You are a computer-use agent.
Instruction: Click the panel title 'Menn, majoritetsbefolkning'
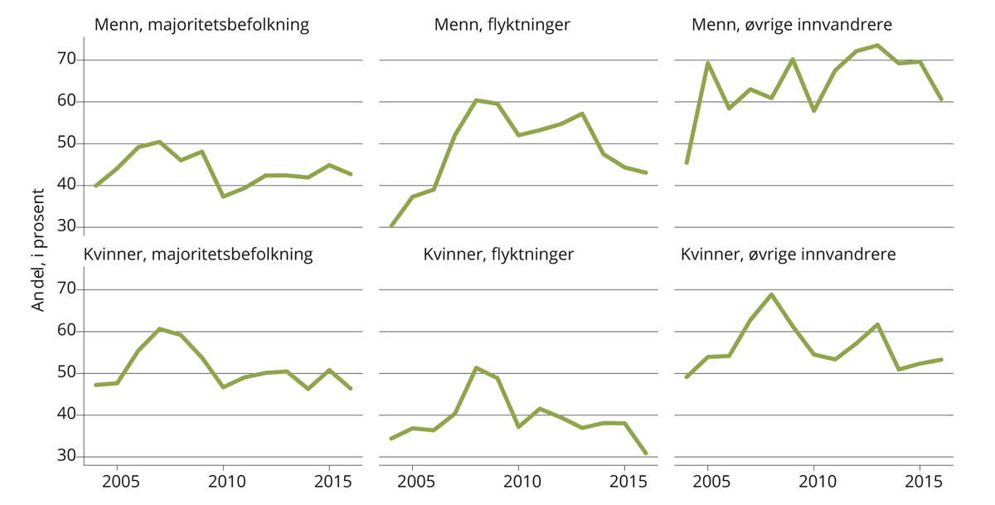pos(201,25)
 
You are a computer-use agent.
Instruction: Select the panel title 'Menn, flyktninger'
pos(502,25)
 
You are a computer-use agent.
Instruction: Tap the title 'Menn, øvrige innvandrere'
pos(797,25)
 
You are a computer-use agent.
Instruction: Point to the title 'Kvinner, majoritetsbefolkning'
pos(198,255)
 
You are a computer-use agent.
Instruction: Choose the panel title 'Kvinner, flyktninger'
pos(498,255)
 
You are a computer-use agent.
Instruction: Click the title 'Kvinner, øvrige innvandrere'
pos(788,255)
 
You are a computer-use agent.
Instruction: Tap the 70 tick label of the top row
pos(66,60)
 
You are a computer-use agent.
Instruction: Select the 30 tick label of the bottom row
pos(66,457)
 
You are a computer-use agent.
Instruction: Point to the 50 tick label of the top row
pos(66,143)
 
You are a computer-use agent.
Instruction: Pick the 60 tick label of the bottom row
pos(66,332)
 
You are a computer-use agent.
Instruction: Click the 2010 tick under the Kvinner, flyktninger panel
pos(518,481)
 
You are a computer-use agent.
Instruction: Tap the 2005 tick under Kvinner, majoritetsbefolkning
pos(117,481)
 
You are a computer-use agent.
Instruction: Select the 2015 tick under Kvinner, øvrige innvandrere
pos(920,481)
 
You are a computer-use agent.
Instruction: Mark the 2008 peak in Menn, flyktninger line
pos(476,100)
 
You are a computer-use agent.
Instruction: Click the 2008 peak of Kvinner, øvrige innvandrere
pos(772,294)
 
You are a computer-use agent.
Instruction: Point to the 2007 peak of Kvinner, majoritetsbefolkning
pos(159,329)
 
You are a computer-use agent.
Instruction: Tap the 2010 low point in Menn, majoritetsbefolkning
pos(223,197)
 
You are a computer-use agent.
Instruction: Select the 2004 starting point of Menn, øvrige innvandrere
pos(687,163)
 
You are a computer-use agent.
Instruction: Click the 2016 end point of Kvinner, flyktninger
pos(646,454)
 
